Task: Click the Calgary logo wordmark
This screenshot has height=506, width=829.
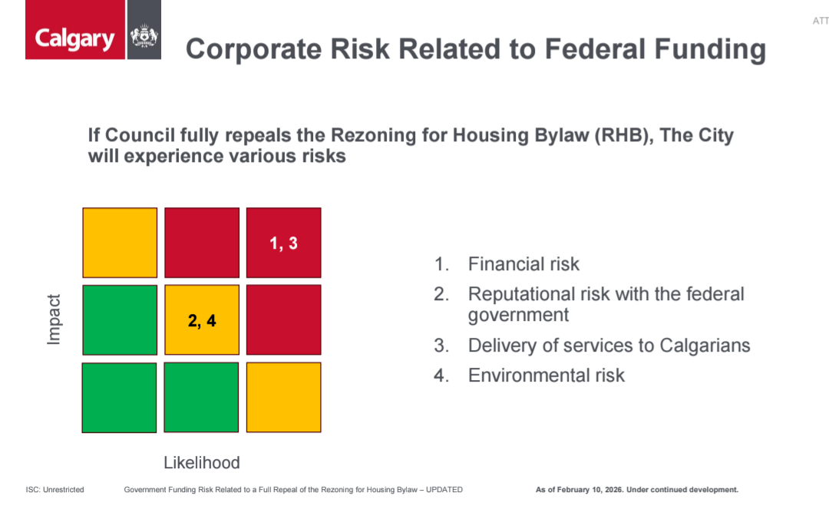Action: tap(74, 39)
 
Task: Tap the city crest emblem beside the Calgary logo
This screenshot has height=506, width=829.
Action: tap(144, 37)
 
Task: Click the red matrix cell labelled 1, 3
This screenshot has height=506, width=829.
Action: tap(283, 243)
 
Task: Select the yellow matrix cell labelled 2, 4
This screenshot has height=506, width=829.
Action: tap(202, 320)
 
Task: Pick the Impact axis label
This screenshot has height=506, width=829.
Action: tap(54, 320)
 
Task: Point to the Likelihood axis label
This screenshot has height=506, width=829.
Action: tap(202, 462)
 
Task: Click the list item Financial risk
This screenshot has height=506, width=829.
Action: tap(523, 265)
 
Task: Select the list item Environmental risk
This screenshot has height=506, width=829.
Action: tap(547, 375)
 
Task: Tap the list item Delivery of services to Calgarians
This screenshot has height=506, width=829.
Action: tap(609, 346)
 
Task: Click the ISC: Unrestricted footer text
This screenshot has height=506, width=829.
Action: tap(54, 489)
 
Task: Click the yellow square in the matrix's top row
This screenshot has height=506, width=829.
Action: tap(120, 243)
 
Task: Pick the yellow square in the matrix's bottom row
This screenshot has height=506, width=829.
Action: tap(283, 397)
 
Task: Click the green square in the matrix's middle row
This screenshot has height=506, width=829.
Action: tap(120, 320)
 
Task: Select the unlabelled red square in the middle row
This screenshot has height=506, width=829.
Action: tap(283, 320)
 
